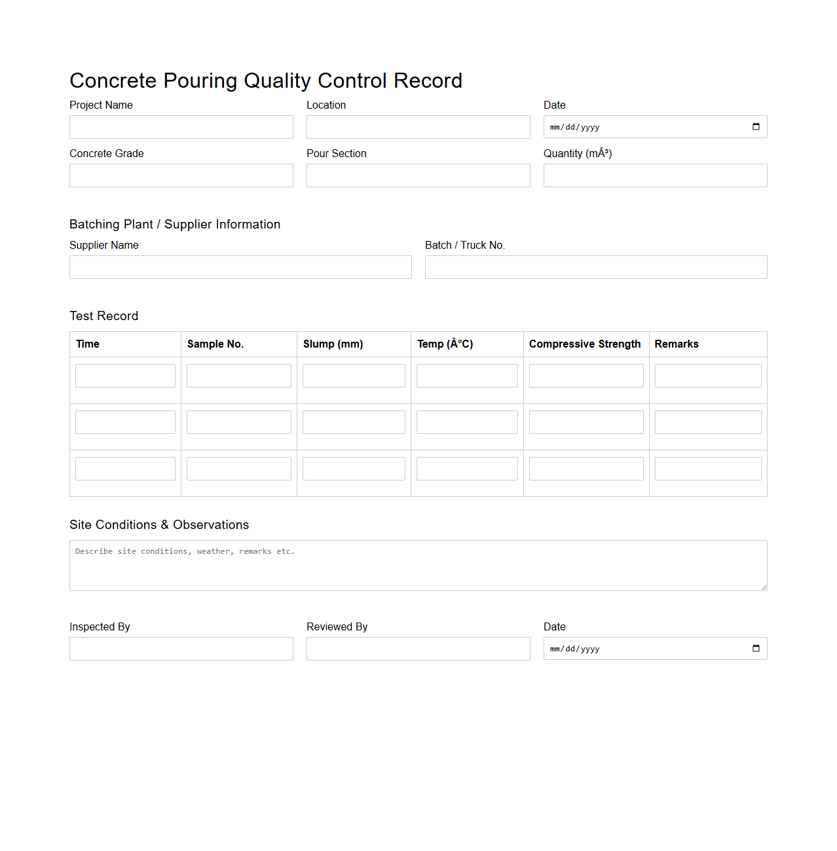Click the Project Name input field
tap(181, 127)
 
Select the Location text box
tap(418, 127)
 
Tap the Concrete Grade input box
tap(181, 175)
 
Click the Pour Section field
tap(418, 175)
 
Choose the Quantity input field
tap(655, 175)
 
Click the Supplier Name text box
tap(240, 267)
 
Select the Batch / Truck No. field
tap(596, 267)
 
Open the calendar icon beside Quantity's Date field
tap(756, 127)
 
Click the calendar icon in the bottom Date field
tap(756, 649)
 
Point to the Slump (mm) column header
tap(333, 344)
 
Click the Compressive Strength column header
tap(585, 344)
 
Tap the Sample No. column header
tap(215, 344)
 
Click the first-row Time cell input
tap(125, 376)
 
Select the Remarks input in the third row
tap(708, 469)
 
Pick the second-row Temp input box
tap(467, 422)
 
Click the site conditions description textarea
tap(418, 566)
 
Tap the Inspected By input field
tap(181, 649)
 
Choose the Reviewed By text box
tap(418, 649)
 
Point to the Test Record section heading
tap(104, 316)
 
